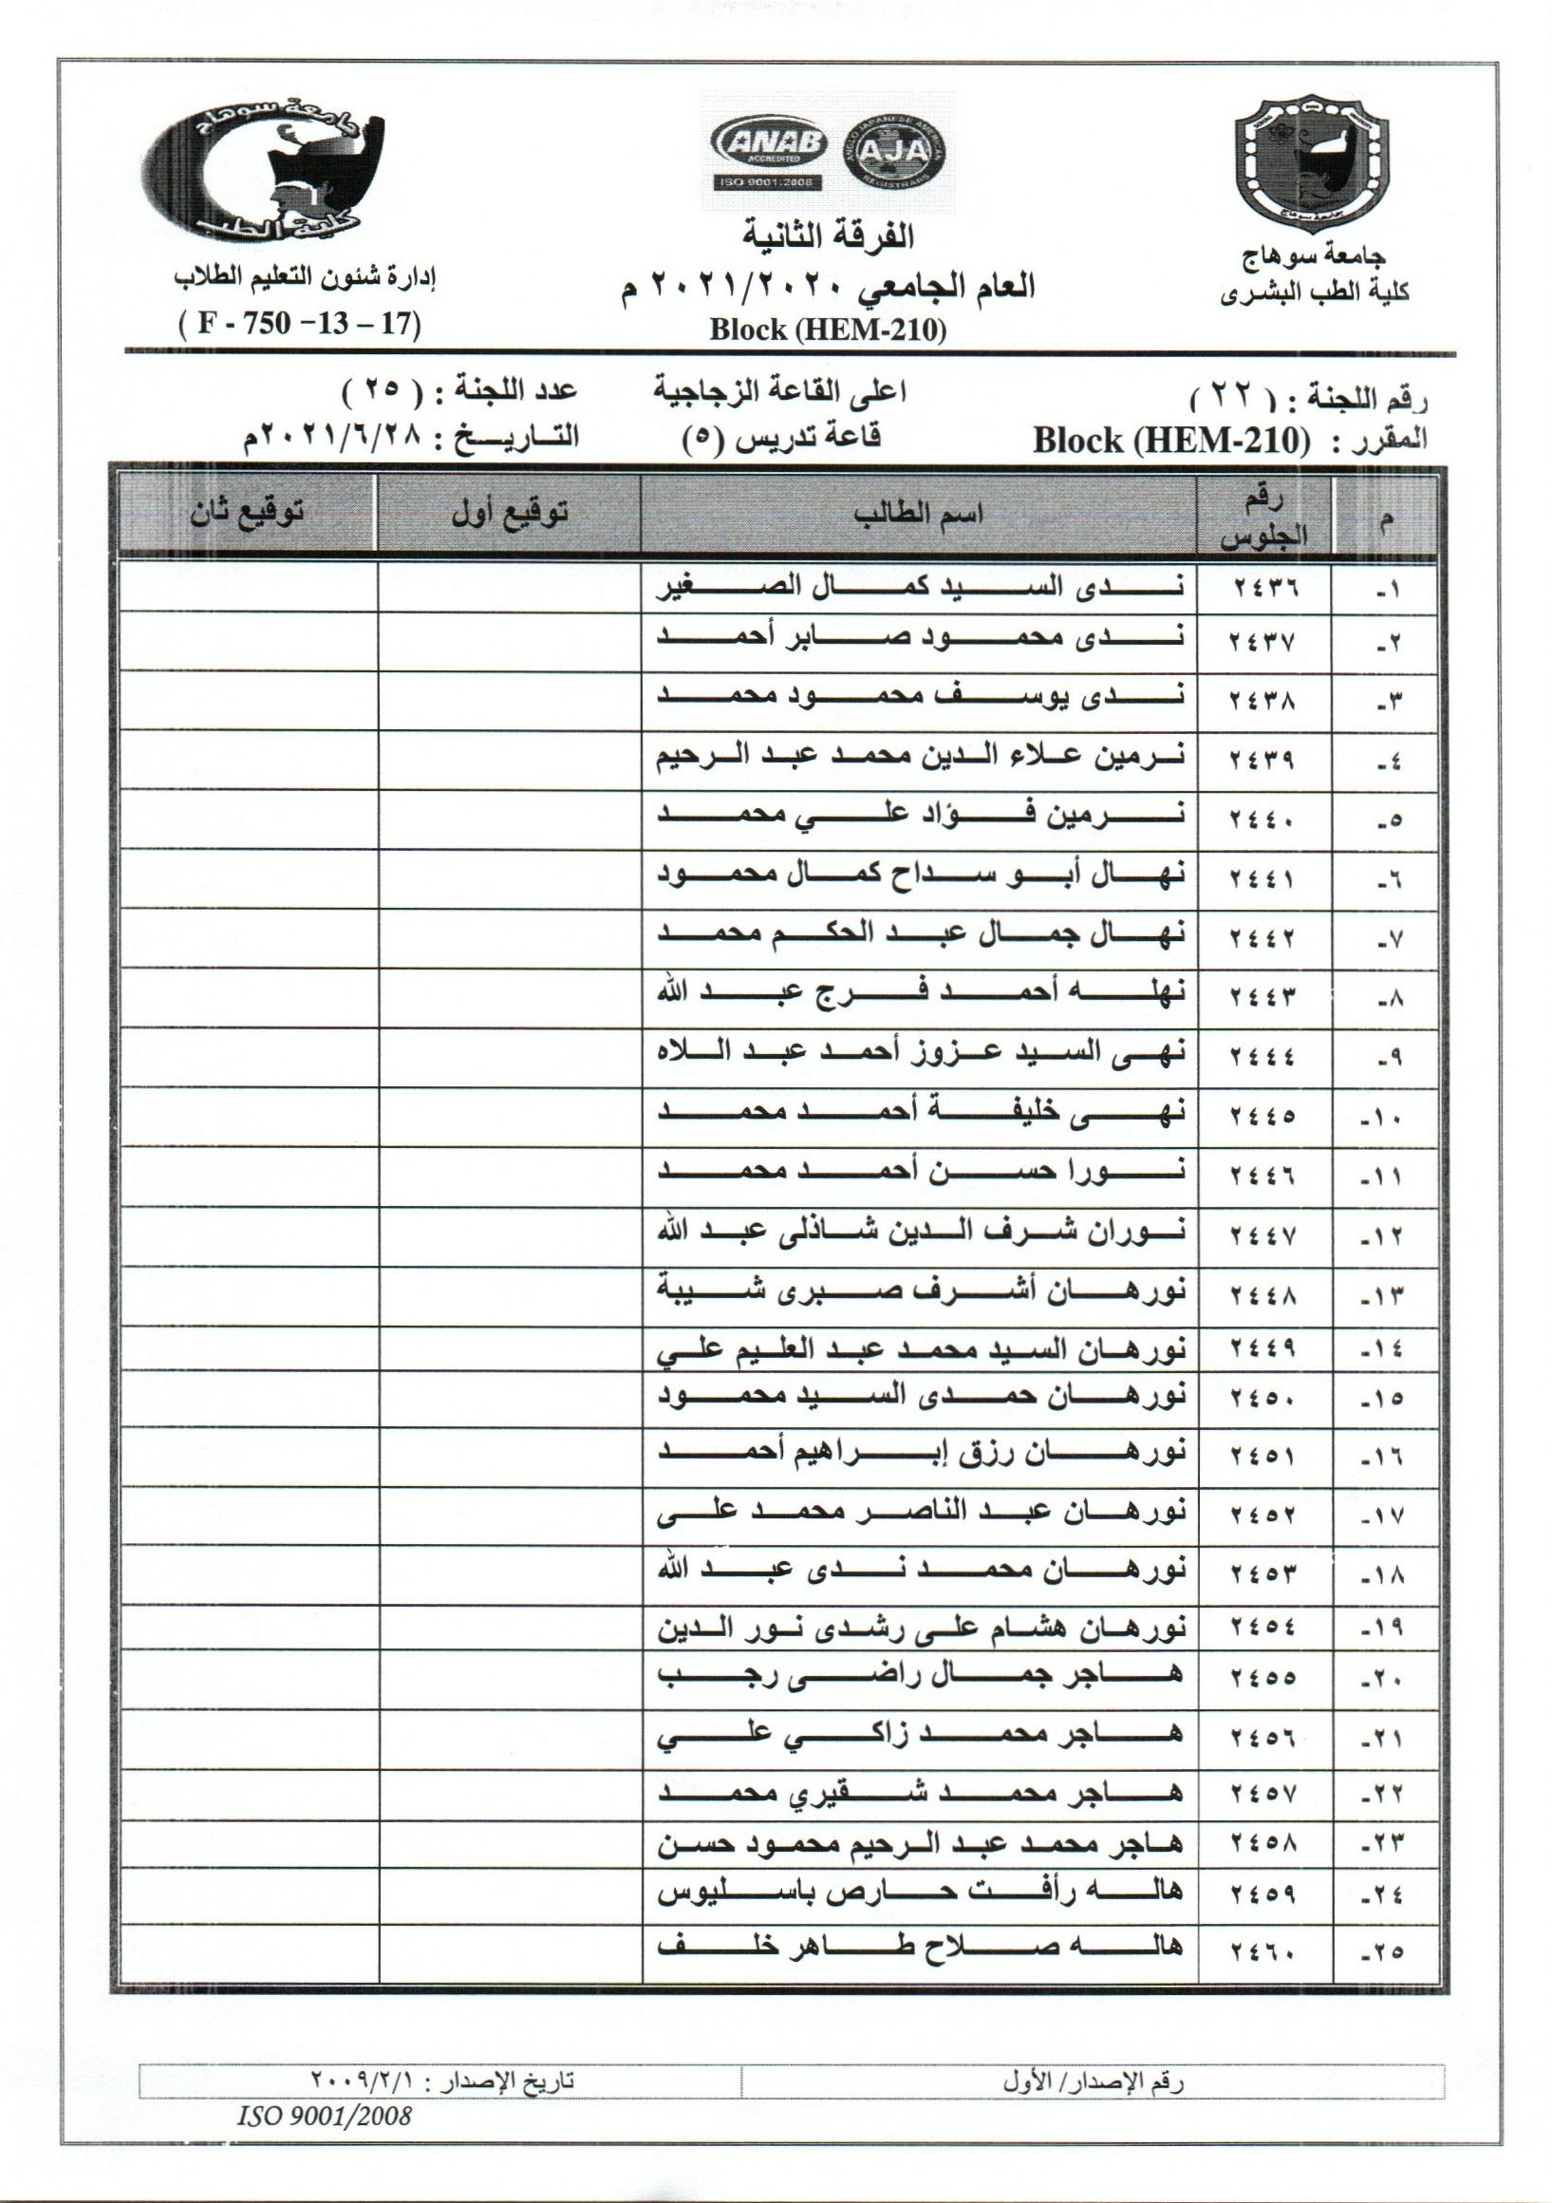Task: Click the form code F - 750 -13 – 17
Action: (x=300, y=323)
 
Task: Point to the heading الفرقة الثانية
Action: (x=830, y=235)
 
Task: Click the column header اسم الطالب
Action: (x=918, y=514)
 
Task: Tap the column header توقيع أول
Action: (x=510, y=514)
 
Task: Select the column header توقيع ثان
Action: (x=247, y=514)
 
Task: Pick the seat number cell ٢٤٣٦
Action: (x=1263, y=588)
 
